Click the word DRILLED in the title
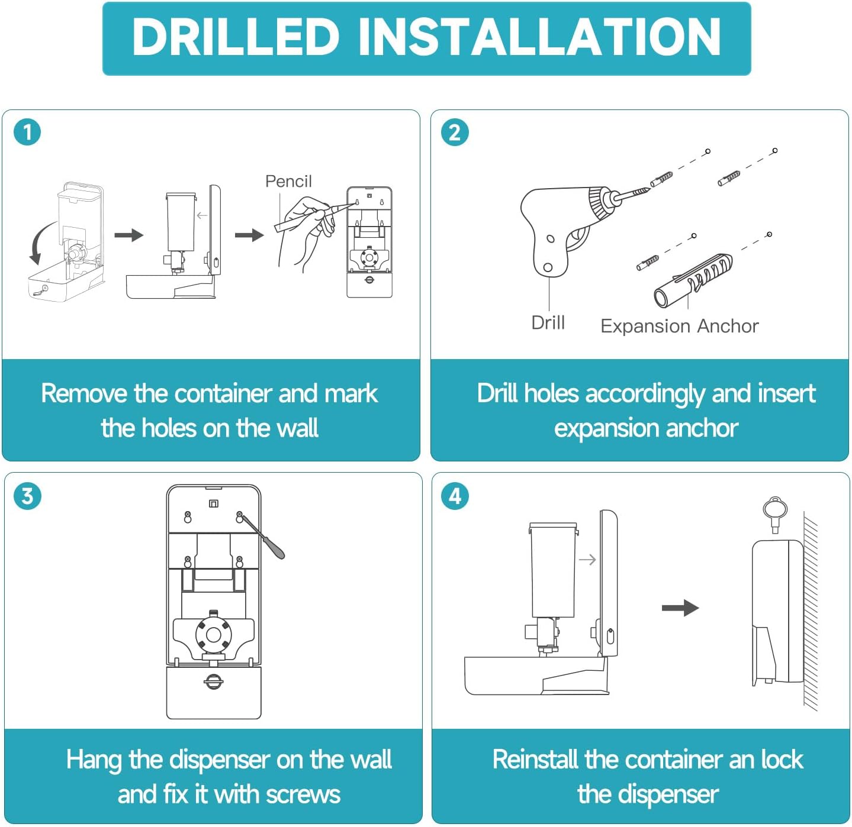pyautogui.click(x=236, y=37)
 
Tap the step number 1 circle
pyautogui.click(x=27, y=133)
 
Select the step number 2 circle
pyautogui.click(x=455, y=133)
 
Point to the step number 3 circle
pyautogui.click(x=27, y=496)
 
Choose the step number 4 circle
pyautogui.click(x=455, y=496)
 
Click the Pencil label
pyautogui.click(x=288, y=181)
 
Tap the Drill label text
pyautogui.click(x=548, y=323)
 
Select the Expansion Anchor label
pyautogui.click(x=680, y=327)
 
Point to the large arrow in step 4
pyautogui.click(x=680, y=608)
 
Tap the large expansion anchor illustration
pyautogui.click(x=693, y=280)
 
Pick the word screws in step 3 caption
pyautogui.click(x=303, y=794)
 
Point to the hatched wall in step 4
pyautogui.click(x=811, y=610)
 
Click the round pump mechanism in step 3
pyautogui.click(x=213, y=635)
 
